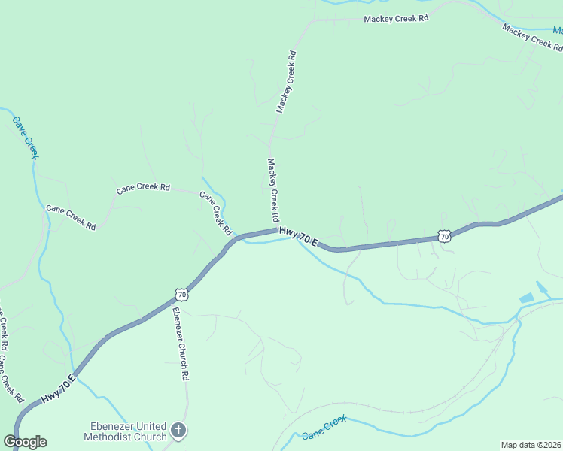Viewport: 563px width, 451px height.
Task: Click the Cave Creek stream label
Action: click(25, 136)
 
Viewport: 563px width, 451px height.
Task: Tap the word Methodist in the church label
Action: click(111, 437)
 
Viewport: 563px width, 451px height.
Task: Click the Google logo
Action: click(25, 442)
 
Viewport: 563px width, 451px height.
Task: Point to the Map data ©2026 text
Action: click(531, 445)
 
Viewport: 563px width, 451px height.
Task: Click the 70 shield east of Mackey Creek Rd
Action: click(444, 237)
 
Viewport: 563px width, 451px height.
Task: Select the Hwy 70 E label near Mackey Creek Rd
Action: click(299, 238)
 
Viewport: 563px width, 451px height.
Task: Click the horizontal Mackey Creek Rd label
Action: click(395, 18)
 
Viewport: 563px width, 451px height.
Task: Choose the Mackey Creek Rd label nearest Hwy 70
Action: click(273, 189)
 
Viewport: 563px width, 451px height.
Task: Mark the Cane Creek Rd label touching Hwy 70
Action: click(215, 212)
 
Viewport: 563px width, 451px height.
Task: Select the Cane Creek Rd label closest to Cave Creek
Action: click(71, 217)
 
